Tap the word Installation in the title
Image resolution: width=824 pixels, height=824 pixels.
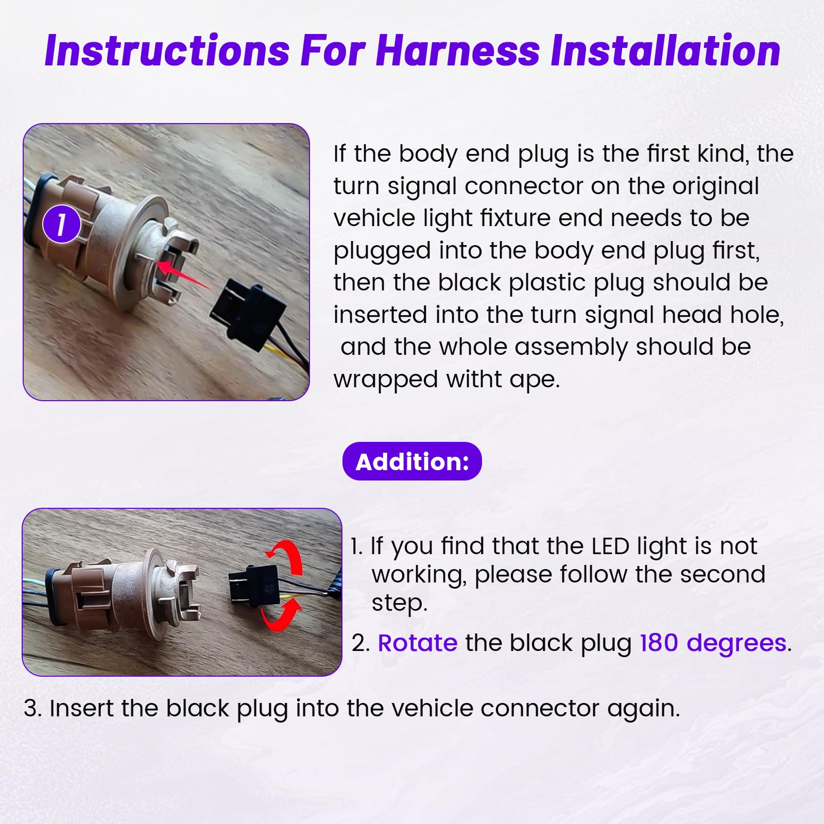coord(665,50)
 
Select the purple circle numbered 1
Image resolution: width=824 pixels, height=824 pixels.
coord(62,225)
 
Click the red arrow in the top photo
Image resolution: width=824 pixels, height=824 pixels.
coord(183,274)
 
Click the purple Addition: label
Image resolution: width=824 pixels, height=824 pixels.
coord(412,461)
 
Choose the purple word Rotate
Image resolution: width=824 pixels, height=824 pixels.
coord(418,643)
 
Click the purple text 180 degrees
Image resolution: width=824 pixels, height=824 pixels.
coord(713,644)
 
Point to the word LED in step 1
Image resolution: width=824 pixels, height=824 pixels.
coord(610,546)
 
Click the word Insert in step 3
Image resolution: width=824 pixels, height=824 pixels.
coord(82,708)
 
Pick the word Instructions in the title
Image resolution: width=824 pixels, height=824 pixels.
coord(167,50)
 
